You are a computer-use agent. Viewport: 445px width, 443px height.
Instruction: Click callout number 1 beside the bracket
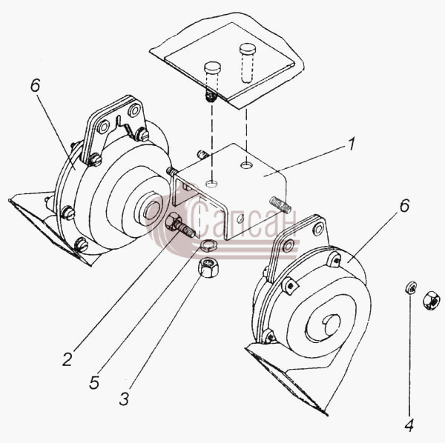pyautogui.click(x=352, y=144)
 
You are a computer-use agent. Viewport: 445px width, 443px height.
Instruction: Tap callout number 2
pyautogui.click(x=67, y=359)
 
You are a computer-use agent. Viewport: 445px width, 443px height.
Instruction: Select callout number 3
pyautogui.click(x=124, y=399)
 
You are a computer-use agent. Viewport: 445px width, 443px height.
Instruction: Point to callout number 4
pyautogui.click(x=409, y=425)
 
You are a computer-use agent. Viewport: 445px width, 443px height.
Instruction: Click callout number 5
pyautogui.click(x=94, y=383)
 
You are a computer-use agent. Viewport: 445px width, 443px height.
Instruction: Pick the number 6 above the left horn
pyautogui.click(x=35, y=85)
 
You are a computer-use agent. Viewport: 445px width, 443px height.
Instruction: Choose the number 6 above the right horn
pyautogui.click(x=405, y=205)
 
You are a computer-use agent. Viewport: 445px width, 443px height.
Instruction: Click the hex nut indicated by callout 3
pyautogui.click(x=208, y=267)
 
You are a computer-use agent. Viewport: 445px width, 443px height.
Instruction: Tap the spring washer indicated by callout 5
pyautogui.click(x=208, y=244)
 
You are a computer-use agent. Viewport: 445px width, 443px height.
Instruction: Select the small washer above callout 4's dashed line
pyautogui.click(x=410, y=287)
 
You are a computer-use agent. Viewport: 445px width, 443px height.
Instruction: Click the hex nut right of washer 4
pyautogui.click(x=432, y=301)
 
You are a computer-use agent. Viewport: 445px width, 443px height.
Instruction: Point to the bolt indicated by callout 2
pyautogui.click(x=179, y=225)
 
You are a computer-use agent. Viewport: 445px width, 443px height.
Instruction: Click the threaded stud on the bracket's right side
pyautogui.click(x=280, y=204)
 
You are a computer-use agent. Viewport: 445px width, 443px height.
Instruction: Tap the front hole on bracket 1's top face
pyautogui.click(x=211, y=184)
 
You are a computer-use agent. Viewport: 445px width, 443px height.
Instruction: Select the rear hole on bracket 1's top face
pyautogui.click(x=246, y=164)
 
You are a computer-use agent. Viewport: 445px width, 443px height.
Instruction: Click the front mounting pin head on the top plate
pyautogui.click(x=212, y=67)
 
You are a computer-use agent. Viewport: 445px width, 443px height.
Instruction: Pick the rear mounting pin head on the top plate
pyautogui.click(x=248, y=49)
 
